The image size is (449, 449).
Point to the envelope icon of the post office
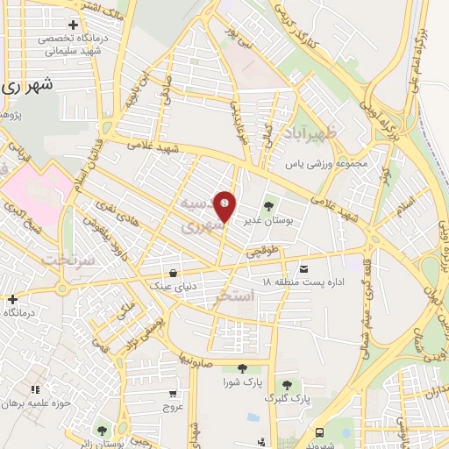(x=303, y=268)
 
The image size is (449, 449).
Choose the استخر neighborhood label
(x=234, y=297)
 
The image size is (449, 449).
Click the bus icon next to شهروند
(x=319, y=432)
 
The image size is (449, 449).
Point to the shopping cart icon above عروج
(x=173, y=394)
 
